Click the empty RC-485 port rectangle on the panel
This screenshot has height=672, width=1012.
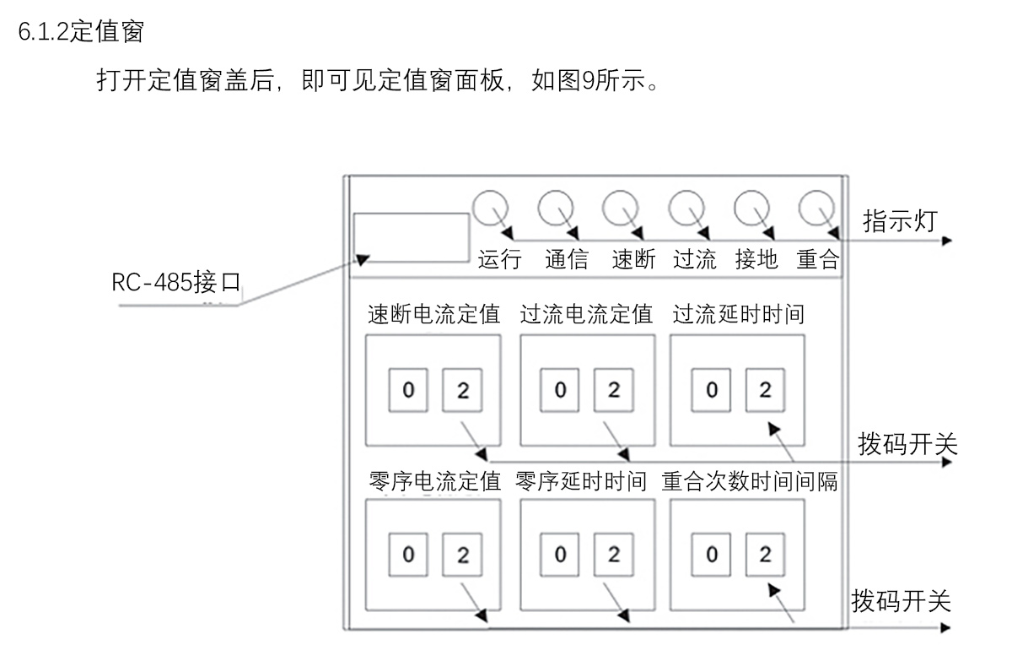pyautogui.click(x=410, y=237)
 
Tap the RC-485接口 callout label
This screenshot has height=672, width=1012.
pyautogui.click(x=176, y=282)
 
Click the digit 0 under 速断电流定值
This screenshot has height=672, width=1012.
pyautogui.click(x=408, y=390)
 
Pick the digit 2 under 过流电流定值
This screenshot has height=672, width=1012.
pyautogui.click(x=613, y=390)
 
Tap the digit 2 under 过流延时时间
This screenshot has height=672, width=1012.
pyautogui.click(x=765, y=390)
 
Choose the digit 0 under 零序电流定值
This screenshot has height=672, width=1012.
pyautogui.click(x=408, y=555)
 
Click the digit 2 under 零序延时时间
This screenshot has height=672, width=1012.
pyautogui.click(x=613, y=555)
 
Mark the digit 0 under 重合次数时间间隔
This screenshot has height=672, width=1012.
pyautogui.click(x=713, y=555)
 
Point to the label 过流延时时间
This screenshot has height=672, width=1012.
pyautogui.click(x=738, y=315)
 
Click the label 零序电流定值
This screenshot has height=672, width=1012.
pyautogui.click(x=434, y=481)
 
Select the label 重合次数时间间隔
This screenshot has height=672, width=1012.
pyautogui.click(x=750, y=481)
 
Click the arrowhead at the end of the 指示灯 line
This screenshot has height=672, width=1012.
pyautogui.click(x=947, y=241)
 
